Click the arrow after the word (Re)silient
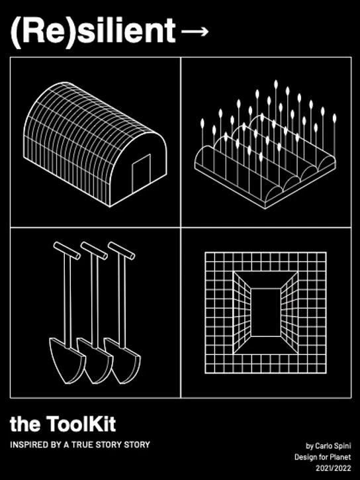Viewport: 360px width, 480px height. point(195,31)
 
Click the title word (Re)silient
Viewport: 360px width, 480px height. point(93,31)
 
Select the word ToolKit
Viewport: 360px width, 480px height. point(81,424)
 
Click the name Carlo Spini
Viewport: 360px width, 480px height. point(333,446)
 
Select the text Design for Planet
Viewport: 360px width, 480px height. point(323,457)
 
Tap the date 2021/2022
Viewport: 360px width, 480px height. point(334,468)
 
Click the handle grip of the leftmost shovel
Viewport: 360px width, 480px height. point(67,251)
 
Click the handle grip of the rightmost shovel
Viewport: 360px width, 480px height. point(121,251)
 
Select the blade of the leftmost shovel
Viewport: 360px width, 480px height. point(67,360)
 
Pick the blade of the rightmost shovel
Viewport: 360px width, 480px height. point(122,360)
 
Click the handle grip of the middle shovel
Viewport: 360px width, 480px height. point(94,251)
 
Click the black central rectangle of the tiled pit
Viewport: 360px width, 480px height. point(265,312)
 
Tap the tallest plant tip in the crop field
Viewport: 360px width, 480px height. point(276,84)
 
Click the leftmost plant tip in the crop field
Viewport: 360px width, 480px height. point(202,123)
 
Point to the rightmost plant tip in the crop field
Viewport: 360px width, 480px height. point(334,118)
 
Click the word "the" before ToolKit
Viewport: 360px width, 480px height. point(25,424)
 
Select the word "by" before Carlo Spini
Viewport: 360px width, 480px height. point(310,446)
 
